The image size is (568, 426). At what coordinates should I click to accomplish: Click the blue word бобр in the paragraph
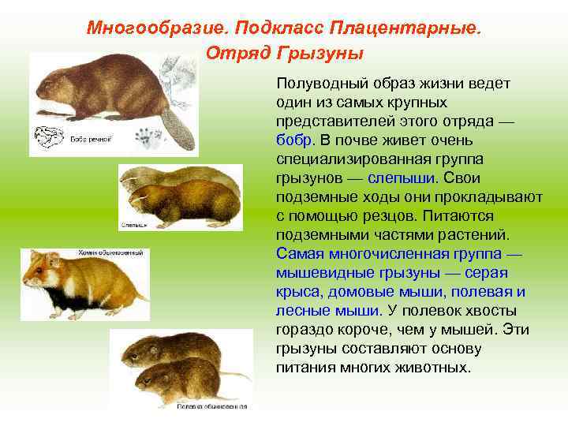(x=295, y=139)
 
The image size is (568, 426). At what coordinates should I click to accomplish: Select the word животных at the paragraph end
(x=437, y=368)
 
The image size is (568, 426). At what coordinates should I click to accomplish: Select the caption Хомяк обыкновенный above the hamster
(x=110, y=252)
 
